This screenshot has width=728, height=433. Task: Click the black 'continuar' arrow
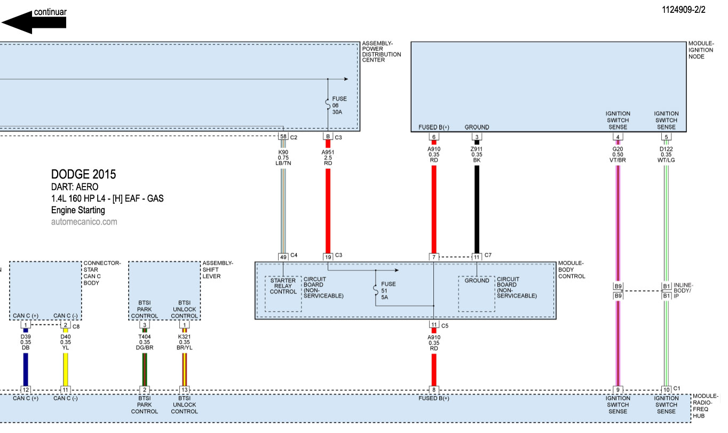tap(34, 22)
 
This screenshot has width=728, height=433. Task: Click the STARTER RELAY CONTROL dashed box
tap(283, 293)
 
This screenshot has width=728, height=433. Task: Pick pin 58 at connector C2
tap(283, 137)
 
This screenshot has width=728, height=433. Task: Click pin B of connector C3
tap(328, 137)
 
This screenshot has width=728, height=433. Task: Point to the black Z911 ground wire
tap(477, 208)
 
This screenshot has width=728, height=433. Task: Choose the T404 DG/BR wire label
tap(144, 342)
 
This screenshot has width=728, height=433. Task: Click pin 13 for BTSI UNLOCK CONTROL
tap(184, 390)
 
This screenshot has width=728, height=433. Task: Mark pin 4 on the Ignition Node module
tap(618, 137)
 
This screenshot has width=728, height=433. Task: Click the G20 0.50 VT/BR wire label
tap(618, 154)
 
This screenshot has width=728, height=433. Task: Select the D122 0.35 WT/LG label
tap(667, 154)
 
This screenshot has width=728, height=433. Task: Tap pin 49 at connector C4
tap(283, 257)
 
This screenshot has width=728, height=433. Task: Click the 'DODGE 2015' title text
tap(83, 174)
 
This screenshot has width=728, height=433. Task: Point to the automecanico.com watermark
tap(84, 221)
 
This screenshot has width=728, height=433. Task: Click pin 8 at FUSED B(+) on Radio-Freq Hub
tap(434, 390)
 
